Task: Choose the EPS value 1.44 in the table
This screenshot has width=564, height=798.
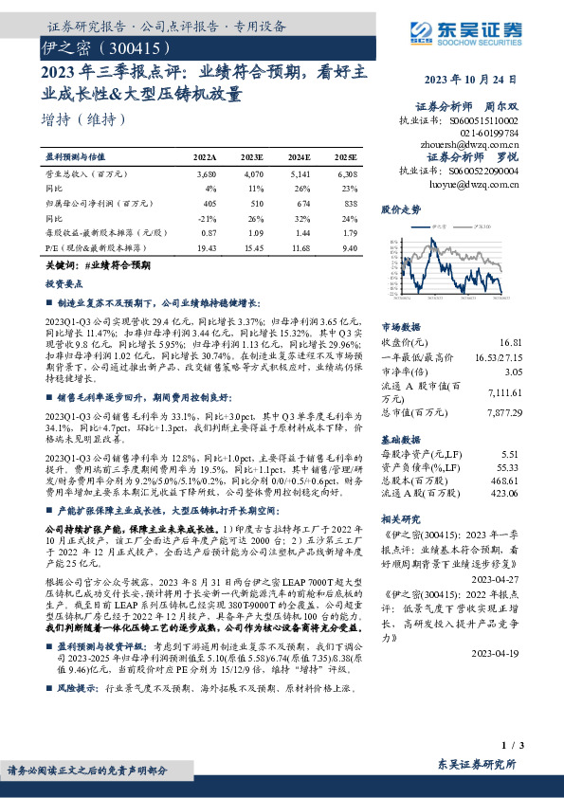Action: click(x=299, y=231)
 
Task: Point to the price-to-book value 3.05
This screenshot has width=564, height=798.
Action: click(x=511, y=372)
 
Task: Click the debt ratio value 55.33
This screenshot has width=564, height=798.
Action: click(x=508, y=469)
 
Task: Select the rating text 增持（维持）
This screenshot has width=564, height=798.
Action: click(x=82, y=119)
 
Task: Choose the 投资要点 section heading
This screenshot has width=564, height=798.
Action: click(x=65, y=283)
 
